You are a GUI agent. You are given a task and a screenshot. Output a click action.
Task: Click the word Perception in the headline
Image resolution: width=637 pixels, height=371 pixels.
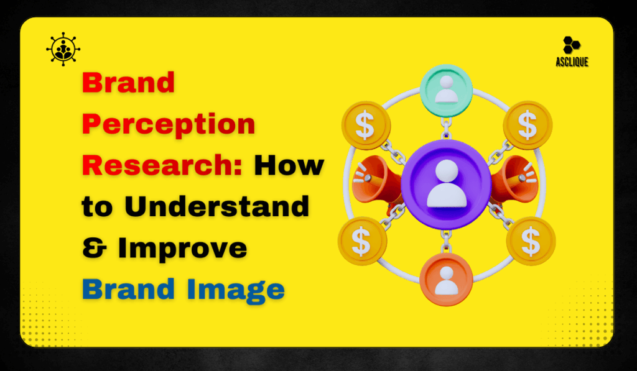[x=169, y=124]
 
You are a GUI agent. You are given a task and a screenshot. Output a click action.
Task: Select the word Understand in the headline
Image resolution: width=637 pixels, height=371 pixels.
[x=216, y=207]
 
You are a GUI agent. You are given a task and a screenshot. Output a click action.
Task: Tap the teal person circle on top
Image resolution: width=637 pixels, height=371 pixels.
[x=446, y=86]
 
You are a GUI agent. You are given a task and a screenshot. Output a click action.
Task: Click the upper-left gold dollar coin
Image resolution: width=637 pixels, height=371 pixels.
[x=366, y=126]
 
